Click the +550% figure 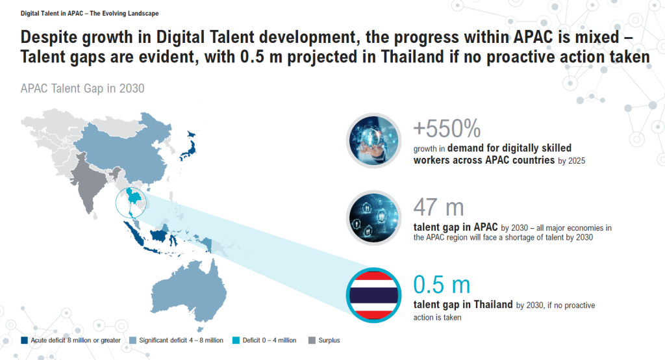[x=447, y=129]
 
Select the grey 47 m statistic [x=438, y=207]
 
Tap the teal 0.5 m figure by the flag [x=442, y=285]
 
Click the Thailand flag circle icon [x=373, y=296]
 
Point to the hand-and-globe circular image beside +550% [x=373, y=140]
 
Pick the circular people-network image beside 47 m [x=373, y=218]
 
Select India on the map [x=90, y=183]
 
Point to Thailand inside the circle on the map [x=133, y=199]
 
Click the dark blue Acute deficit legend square [x=24, y=340]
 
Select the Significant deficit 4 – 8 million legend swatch [x=132, y=340]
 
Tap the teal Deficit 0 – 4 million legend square [x=236, y=340]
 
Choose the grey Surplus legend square [x=312, y=340]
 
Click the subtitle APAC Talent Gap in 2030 [x=82, y=88]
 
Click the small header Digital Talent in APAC [x=52, y=14]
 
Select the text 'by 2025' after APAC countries [x=571, y=161]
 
